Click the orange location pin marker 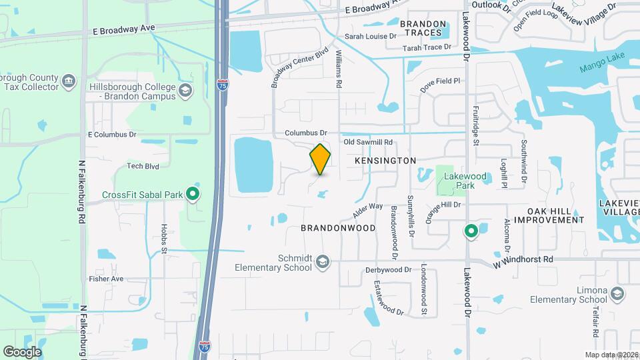pos(321,159)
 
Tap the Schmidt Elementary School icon pos(323,261)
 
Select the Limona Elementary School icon pos(617,293)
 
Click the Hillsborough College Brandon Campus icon pos(185,89)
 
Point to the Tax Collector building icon pos(69,83)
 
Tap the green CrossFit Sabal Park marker pos(193,195)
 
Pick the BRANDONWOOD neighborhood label pos(337,228)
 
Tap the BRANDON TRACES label pos(422,28)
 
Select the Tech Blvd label pos(143,166)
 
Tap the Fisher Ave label pos(107,279)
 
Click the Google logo pos(22,352)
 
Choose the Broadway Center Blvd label pos(300,67)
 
